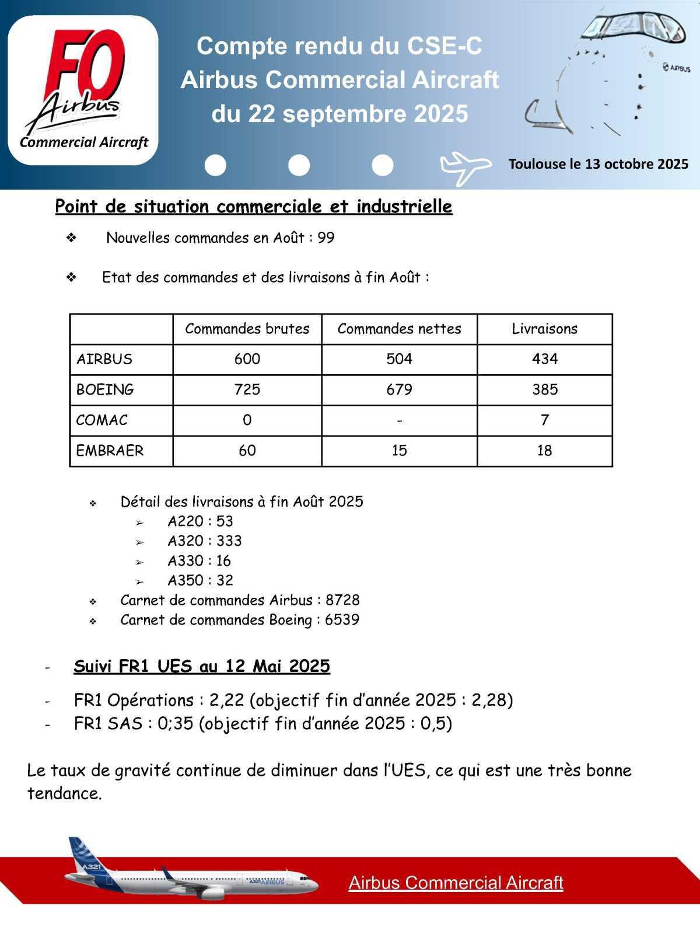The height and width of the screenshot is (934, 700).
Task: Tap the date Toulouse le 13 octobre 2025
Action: [x=598, y=164]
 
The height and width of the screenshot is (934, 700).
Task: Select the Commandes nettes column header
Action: [x=399, y=329]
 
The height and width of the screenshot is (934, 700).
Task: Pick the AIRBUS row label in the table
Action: [x=104, y=359]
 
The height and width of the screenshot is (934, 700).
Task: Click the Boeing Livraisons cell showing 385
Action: [x=544, y=389]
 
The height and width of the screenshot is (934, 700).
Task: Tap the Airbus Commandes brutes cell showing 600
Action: [x=247, y=359]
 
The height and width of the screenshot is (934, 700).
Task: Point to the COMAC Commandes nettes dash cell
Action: [x=399, y=420]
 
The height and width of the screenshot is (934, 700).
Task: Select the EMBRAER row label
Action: [x=110, y=451]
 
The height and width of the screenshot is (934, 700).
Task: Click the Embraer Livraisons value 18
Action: [x=544, y=451]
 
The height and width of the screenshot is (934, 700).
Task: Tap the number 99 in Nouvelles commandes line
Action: [x=326, y=238]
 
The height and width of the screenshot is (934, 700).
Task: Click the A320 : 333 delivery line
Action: [x=204, y=541]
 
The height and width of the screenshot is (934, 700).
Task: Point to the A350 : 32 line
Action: [x=200, y=580]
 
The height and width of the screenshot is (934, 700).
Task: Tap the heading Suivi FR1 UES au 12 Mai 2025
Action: [x=202, y=666]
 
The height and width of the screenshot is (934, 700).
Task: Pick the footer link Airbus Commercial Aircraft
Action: [x=456, y=883]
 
